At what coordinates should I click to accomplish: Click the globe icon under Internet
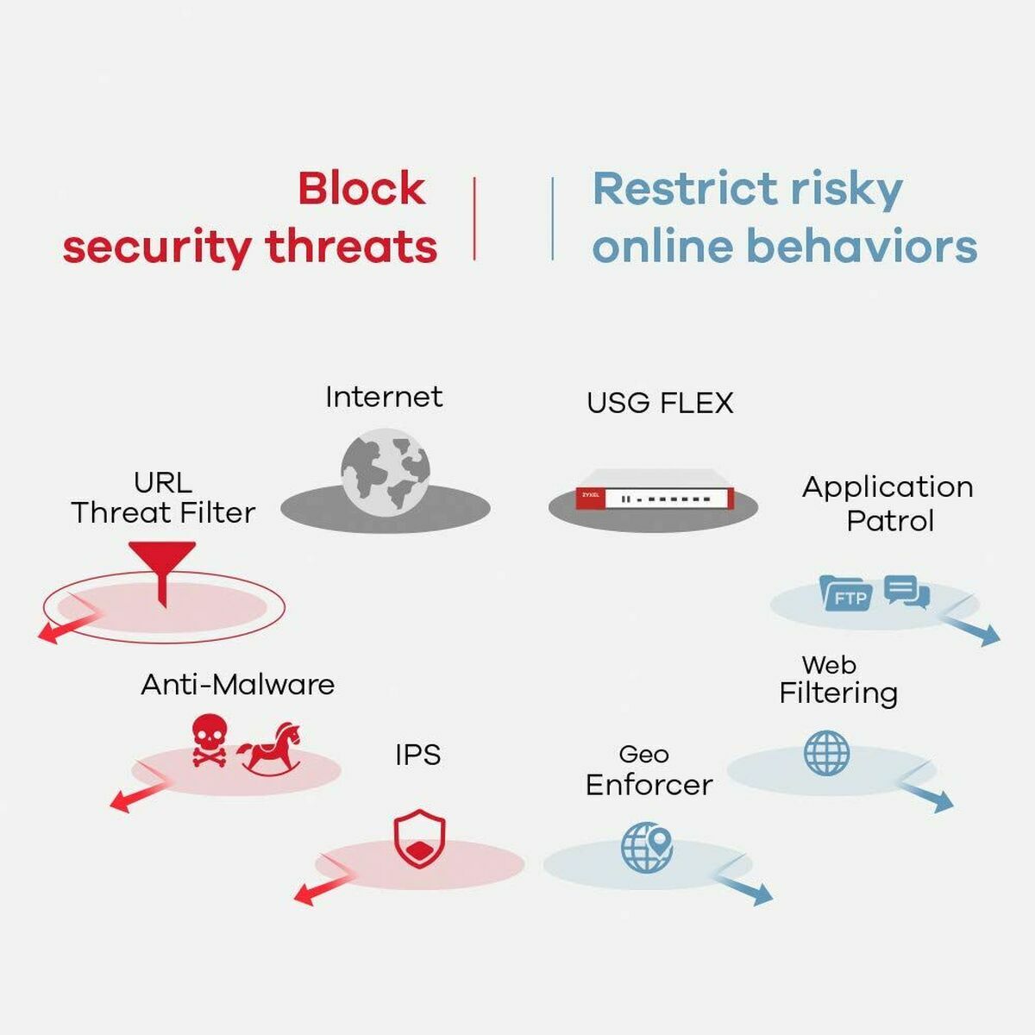[385, 474]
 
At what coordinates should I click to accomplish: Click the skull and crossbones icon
[209, 740]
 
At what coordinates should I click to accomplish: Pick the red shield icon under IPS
[419, 838]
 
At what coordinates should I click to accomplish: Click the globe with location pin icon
[647, 846]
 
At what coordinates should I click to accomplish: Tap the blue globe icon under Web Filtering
[826, 752]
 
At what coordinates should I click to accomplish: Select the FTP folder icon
[844, 593]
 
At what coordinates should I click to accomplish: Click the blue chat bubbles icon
[906, 592]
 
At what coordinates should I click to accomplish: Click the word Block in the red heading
[361, 188]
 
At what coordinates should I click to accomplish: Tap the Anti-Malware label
[237, 685]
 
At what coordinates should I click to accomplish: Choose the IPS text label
[417, 755]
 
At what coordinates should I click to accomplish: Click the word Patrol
[889, 521]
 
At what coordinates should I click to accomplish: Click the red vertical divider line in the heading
[474, 217]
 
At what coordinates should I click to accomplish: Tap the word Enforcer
[649, 785]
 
